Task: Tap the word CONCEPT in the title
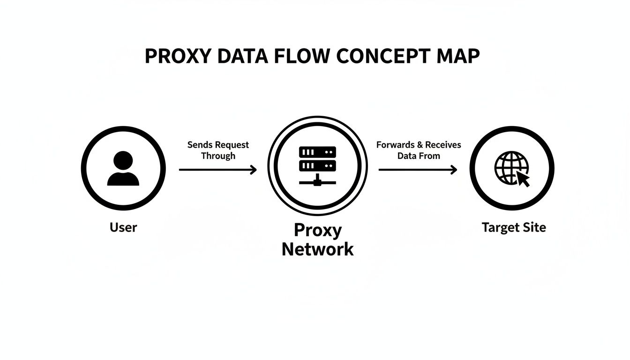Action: coord(383,56)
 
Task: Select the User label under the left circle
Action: coord(123,228)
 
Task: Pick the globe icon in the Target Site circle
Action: coord(510,166)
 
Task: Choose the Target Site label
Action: coord(514,228)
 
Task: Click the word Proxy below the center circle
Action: coord(317,230)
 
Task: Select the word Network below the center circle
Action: coord(317,249)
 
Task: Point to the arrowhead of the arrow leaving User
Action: coord(254,170)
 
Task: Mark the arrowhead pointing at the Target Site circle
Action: coord(453,170)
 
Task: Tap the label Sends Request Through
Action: coord(218,150)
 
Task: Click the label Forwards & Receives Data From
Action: coord(419,150)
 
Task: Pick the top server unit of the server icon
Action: coord(317,152)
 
